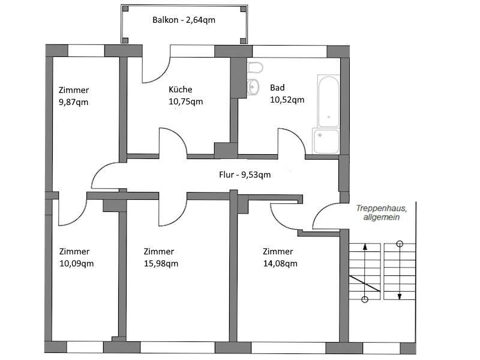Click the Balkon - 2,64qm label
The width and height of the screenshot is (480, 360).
click(184, 20)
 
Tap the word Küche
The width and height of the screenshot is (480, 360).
click(181, 89)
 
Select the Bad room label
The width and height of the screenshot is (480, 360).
click(277, 88)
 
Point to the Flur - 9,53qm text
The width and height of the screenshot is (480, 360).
click(245, 175)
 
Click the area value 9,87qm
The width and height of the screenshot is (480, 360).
click(73, 102)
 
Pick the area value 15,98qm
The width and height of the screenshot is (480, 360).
click(161, 263)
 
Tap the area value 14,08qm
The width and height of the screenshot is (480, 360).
click(280, 263)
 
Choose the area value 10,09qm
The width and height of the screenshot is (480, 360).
click(77, 263)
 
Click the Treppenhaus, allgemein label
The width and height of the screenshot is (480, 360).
click(382, 213)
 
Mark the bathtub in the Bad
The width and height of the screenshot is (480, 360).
click(328, 101)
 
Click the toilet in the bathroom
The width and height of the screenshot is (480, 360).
click(254, 68)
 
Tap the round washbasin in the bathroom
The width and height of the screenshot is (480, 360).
click(253, 87)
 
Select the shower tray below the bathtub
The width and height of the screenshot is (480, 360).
click(326, 141)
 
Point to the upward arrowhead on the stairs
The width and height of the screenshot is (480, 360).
click(365, 247)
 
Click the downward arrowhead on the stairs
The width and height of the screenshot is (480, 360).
click(400, 296)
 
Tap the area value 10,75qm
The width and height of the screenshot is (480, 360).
click(186, 101)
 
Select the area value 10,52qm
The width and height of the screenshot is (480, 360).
click(287, 100)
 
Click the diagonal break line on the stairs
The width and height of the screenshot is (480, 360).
click(365, 284)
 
